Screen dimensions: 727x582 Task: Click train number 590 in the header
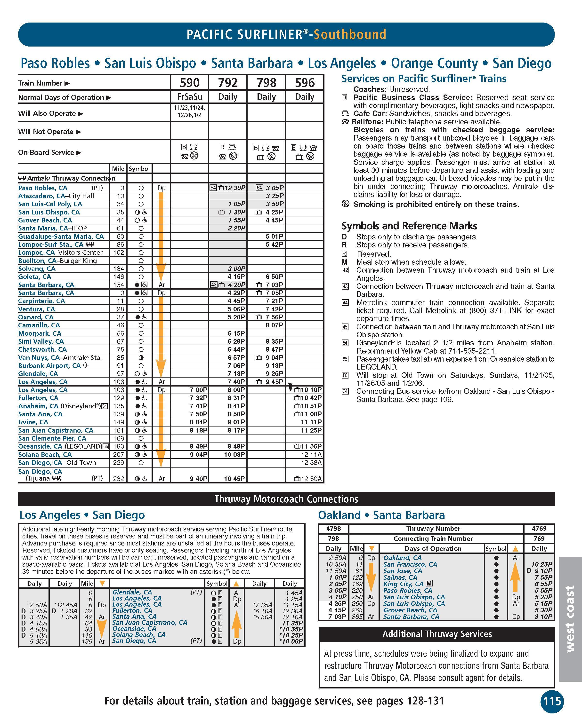pyautogui.click(x=190, y=83)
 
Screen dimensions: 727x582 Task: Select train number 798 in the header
pyautogui.click(x=266, y=83)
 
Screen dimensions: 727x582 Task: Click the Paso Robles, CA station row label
pyautogui.click(x=43, y=188)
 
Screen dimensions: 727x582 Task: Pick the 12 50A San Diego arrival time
pyautogui.click(x=311, y=478)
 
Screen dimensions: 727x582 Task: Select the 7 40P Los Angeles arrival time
pyautogui.click(x=236, y=382)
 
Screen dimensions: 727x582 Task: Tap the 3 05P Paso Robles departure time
pyautogui.click(x=274, y=188)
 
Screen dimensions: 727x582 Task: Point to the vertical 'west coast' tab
pyautogui.click(x=570, y=618)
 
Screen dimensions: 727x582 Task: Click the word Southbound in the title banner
pyautogui.click(x=350, y=34)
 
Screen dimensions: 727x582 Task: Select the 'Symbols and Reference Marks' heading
pyautogui.click(x=409, y=226)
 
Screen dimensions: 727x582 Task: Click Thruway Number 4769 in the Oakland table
pyautogui.click(x=539, y=528)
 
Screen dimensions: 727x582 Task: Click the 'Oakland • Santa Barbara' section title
pyautogui.click(x=381, y=515)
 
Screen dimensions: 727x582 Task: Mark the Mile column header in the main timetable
pyautogui.click(x=118, y=169)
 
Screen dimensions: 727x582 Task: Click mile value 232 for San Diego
pyautogui.click(x=118, y=478)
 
